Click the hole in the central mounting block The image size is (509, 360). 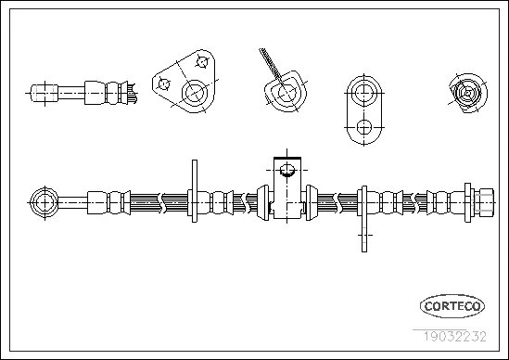[x=287, y=170]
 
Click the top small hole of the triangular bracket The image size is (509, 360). [x=200, y=63]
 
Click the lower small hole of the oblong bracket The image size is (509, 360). [x=364, y=126]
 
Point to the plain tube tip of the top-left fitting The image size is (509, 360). [x=40, y=93]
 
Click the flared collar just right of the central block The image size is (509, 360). [x=311, y=199]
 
